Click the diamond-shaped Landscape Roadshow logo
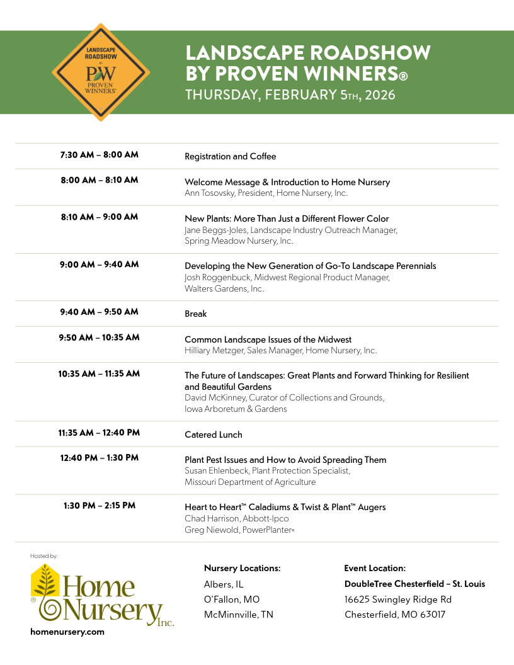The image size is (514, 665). pyautogui.click(x=101, y=72)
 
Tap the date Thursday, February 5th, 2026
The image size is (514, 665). pyautogui.click(x=290, y=95)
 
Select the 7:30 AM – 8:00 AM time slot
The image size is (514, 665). pyautogui.click(x=100, y=155)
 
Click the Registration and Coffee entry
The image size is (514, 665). pyautogui.click(x=230, y=156)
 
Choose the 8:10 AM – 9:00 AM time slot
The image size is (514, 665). pyautogui.click(x=100, y=217)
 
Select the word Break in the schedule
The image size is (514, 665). pyautogui.click(x=195, y=314)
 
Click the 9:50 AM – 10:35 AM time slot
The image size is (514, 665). pyautogui.click(x=100, y=338)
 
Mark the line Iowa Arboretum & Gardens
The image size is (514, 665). pyautogui.click(x=236, y=409)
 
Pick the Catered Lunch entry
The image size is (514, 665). pyautogui.click(x=213, y=435)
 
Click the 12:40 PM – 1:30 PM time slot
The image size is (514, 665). pyautogui.click(x=100, y=458)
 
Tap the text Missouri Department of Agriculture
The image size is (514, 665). pyautogui.click(x=250, y=482)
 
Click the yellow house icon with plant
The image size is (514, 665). pyautogui.click(x=45, y=581)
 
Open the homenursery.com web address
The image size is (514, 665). pyautogui.click(x=67, y=632)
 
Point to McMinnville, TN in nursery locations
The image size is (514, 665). pyautogui.click(x=239, y=615)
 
